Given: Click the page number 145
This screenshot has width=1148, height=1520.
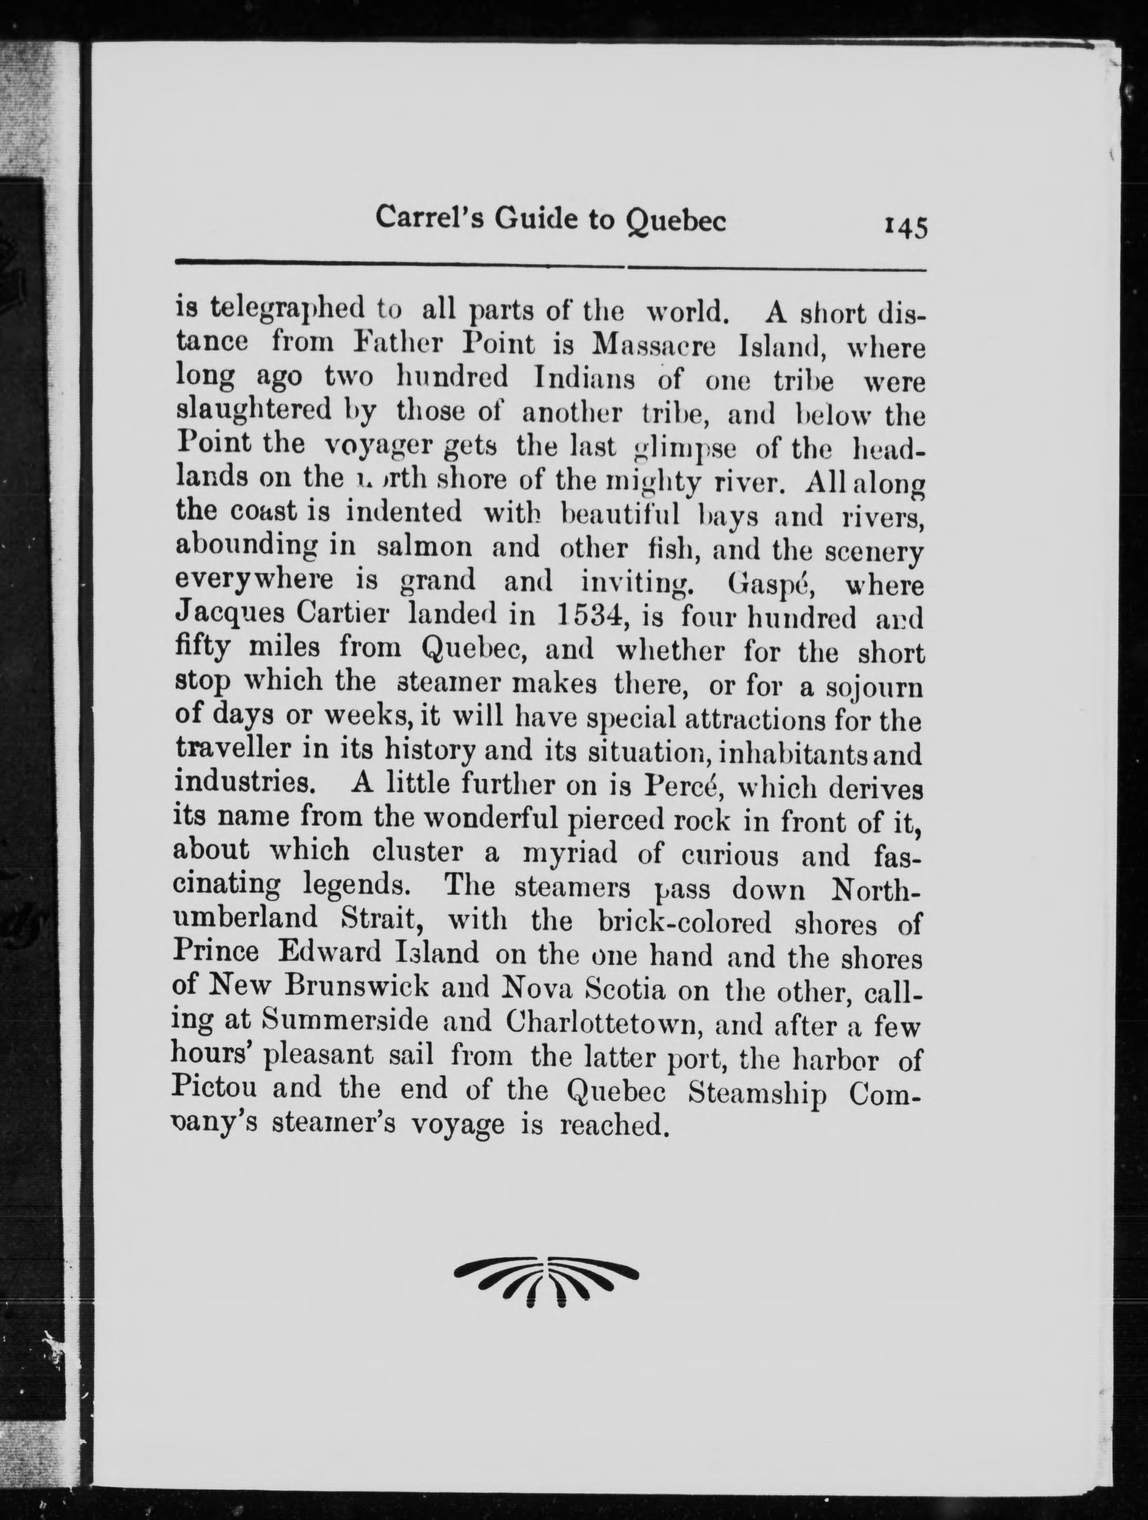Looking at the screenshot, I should point(906,227).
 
